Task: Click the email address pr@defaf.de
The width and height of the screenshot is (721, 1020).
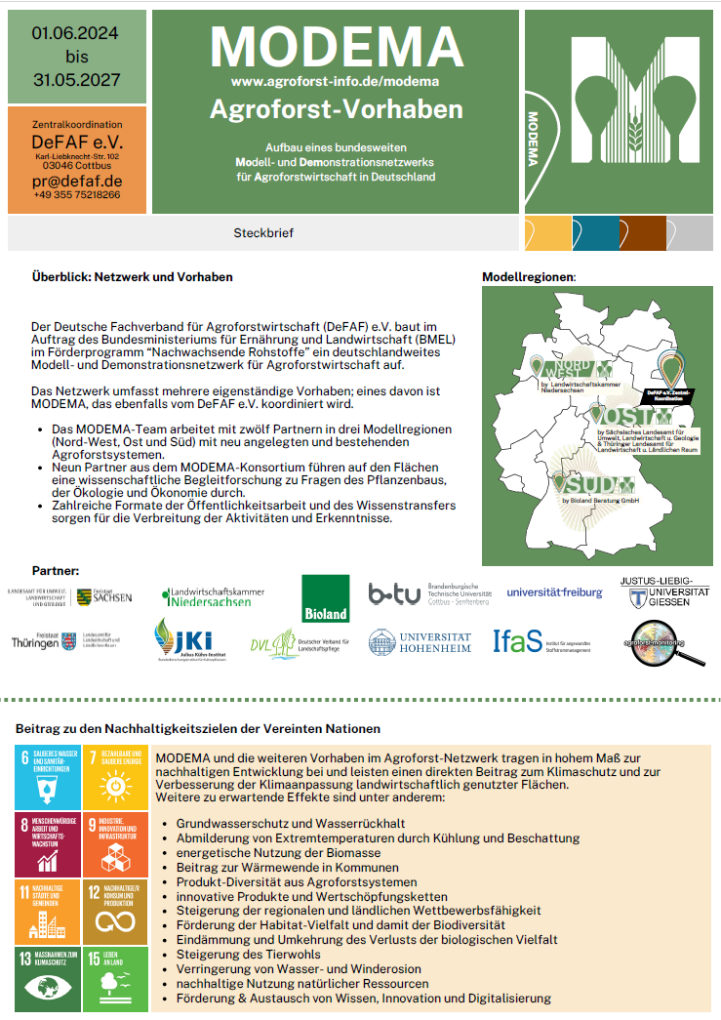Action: [x=78, y=181]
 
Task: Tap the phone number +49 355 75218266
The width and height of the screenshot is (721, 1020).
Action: [x=78, y=195]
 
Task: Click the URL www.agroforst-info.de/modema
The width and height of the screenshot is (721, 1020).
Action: [x=335, y=80]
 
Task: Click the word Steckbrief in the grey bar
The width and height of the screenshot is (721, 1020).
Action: [x=263, y=233]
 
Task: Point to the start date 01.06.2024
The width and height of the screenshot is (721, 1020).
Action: [x=76, y=33]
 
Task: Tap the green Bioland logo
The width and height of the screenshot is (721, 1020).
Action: [x=325, y=597]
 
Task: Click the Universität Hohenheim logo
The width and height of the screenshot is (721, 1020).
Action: [x=420, y=641]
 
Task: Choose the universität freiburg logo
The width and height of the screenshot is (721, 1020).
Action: [x=554, y=592]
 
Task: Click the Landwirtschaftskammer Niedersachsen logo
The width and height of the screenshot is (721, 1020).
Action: [x=213, y=595]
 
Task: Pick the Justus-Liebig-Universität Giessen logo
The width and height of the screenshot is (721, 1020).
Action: [x=664, y=592]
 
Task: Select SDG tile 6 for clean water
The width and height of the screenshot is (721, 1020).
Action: [x=47, y=777]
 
